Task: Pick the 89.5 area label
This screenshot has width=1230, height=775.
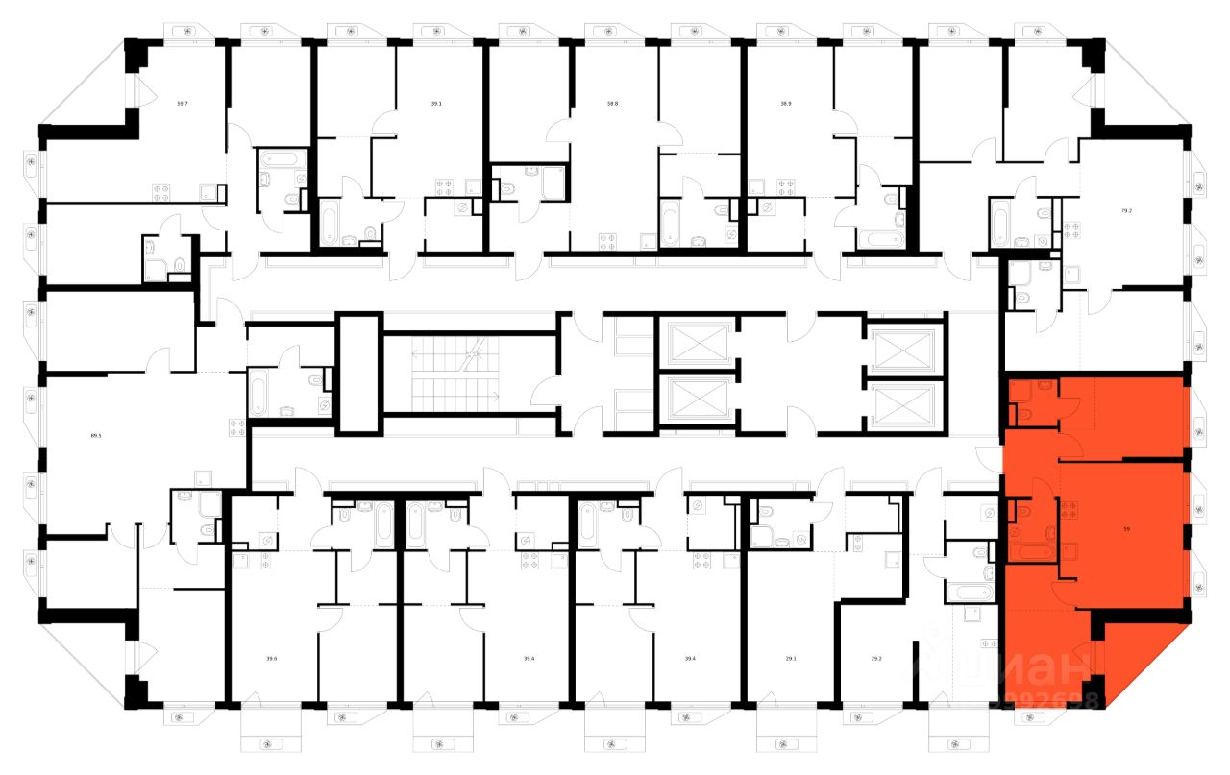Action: point(96,435)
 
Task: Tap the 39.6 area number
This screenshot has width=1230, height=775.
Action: point(272,658)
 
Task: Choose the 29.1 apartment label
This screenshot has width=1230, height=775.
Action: point(790,658)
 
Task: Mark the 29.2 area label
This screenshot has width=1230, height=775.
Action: point(875,658)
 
